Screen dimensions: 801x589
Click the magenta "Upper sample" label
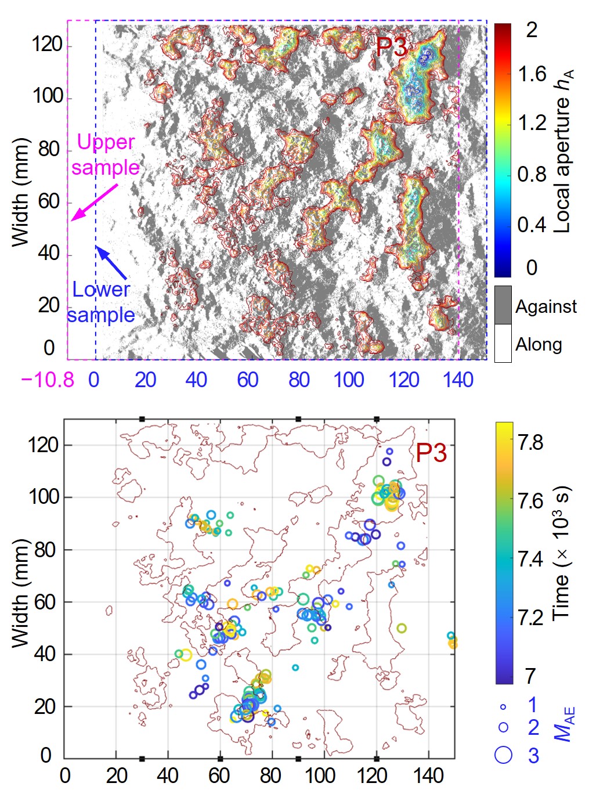pyautogui.click(x=105, y=154)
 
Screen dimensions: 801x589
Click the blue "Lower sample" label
pyautogui.click(x=100, y=302)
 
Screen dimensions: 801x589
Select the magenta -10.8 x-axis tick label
pyautogui.click(x=48, y=380)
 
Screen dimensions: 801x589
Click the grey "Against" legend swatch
pyautogui.click(x=503, y=305)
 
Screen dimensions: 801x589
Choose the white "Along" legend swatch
pyautogui.click(x=503, y=344)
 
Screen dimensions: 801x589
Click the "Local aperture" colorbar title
pyautogui.click(x=562, y=151)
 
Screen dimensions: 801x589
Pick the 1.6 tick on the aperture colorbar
pyautogui.click(x=532, y=74)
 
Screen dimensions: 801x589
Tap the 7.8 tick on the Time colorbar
pyautogui.click(x=530, y=442)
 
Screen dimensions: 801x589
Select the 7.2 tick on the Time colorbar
pyautogui.click(x=530, y=617)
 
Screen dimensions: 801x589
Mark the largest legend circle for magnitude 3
pyautogui.click(x=503, y=754)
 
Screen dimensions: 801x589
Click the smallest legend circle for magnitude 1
pyautogui.click(x=503, y=706)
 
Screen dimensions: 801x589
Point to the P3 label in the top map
pyautogui.click(x=392, y=46)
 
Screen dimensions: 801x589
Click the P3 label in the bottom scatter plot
pyautogui.click(x=431, y=453)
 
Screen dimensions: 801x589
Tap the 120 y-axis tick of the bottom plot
pyautogui.click(x=44, y=445)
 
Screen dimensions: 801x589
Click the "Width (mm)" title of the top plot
pyautogui.click(x=20, y=192)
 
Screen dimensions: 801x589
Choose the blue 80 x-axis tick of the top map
pyautogui.click(x=299, y=380)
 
